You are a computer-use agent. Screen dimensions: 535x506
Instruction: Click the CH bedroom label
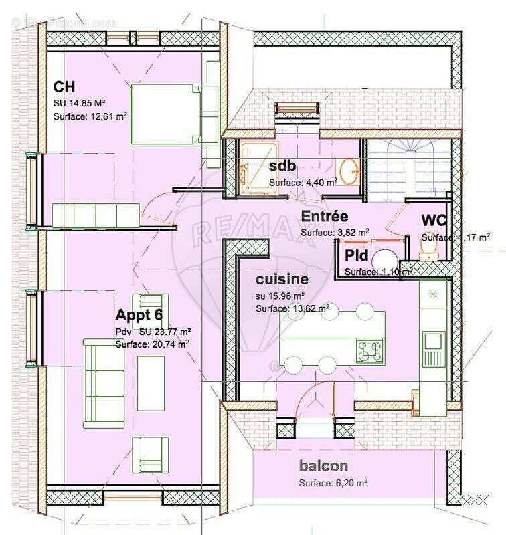pyautogui.click(x=64, y=88)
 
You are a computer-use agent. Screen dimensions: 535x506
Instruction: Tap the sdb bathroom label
pyautogui.click(x=282, y=167)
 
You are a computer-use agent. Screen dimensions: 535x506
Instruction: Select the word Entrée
pyautogui.click(x=324, y=217)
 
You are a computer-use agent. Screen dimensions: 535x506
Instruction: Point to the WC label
pyautogui.click(x=434, y=221)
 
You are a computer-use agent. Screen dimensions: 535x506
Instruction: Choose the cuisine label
pyautogui.click(x=282, y=279)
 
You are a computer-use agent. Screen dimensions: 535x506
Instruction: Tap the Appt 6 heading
pyautogui.click(x=139, y=315)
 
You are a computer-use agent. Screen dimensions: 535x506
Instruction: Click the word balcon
pyautogui.click(x=324, y=466)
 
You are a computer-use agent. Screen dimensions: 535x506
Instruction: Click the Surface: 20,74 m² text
pyautogui.click(x=152, y=344)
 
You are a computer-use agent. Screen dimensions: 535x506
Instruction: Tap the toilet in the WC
pyautogui.click(x=429, y=248)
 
